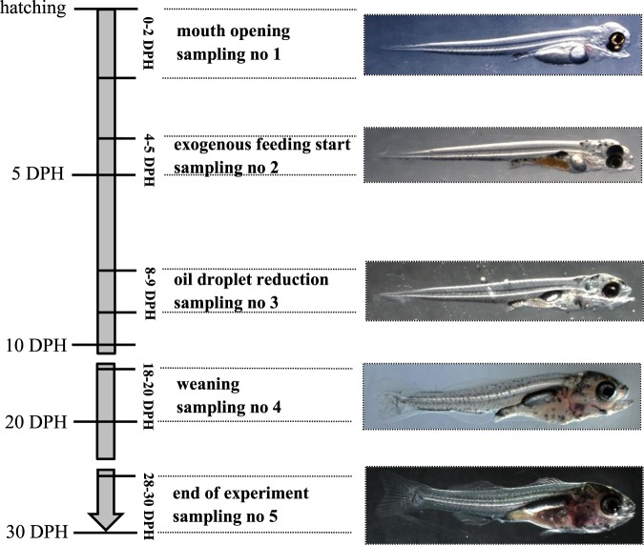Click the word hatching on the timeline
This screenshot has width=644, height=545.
click(33, 9)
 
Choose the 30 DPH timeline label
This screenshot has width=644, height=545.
click(33, 531)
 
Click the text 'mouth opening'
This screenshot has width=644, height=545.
click(233, 31)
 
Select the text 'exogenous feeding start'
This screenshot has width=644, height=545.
click(262, 146)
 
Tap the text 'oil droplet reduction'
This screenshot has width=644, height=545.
click(251, 280)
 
